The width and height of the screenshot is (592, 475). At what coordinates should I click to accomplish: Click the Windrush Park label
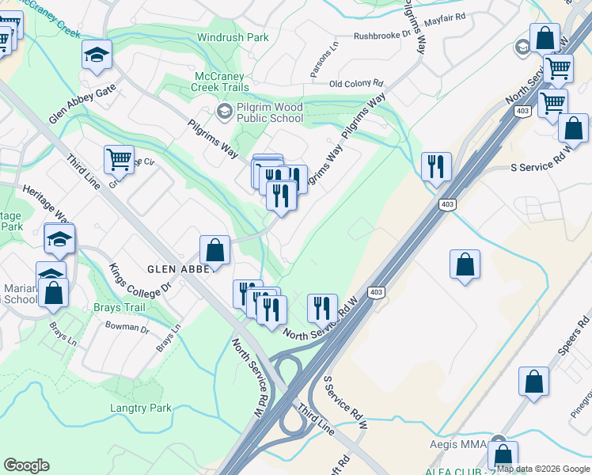coord(233,37)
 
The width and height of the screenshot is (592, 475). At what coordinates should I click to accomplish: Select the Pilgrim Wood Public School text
coord(269,112)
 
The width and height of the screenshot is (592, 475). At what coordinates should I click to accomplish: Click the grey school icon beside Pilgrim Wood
coord(224,112)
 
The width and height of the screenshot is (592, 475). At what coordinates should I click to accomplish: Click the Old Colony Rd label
coord(356,83)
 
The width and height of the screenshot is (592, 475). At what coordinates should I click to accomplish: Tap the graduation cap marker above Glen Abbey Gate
coord(97,55)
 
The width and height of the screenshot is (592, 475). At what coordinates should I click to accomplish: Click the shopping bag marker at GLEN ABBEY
coord(214,251)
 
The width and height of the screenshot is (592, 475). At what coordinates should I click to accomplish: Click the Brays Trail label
coord(119,307)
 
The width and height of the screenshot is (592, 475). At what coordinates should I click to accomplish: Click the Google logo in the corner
coord(26,465)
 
